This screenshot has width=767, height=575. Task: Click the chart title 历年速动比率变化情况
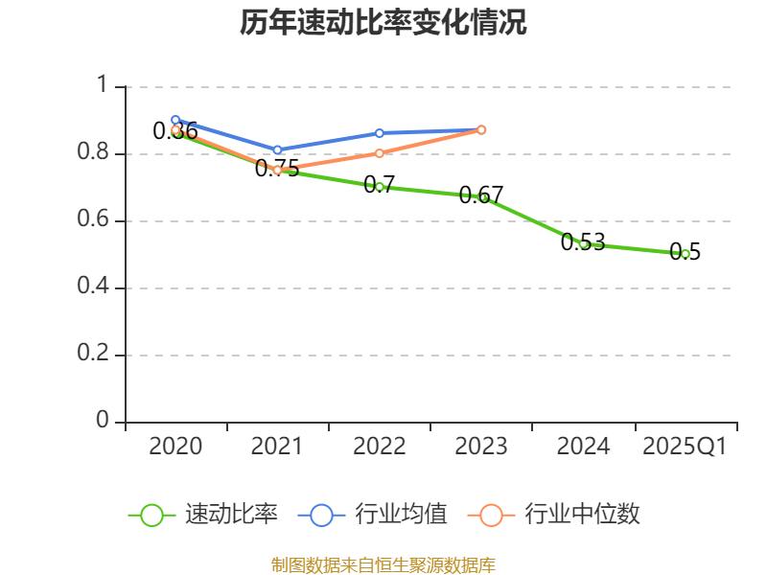coord(383,23)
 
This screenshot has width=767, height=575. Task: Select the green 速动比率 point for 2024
coord(583,243)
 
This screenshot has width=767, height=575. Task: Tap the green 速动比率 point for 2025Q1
coord(686,254)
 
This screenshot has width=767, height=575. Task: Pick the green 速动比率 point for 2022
coord(380,187)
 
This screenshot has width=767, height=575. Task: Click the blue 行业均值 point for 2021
coord(277,150)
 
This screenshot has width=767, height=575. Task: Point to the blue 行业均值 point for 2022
coord(380,133)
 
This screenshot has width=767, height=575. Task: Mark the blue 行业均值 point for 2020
coord(175,121)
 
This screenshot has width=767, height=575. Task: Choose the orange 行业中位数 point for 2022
coord(380,153)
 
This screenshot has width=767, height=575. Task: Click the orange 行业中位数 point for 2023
coord(481,129)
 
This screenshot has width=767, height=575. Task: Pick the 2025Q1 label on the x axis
coord(686,447)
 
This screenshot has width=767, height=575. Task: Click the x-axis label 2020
coord(175,447)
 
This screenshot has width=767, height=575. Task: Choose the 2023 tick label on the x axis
coord(481,447)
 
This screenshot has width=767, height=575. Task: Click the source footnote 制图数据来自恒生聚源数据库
coord(383,564)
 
